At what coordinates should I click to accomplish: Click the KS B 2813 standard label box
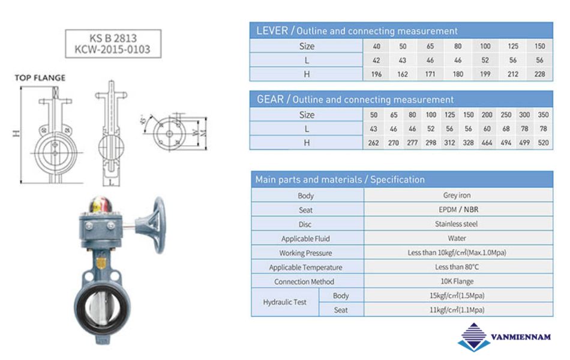[113, 44]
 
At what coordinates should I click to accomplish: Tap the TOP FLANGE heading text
[40, 78]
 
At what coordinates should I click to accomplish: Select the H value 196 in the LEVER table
[376, 74]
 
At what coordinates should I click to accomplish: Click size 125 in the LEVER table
[513, 46]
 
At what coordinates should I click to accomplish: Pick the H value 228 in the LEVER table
[539, 74]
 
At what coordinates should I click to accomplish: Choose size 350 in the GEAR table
[543, 115]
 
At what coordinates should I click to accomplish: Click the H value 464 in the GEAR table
[487, 143]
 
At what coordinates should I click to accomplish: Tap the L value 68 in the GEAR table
[506, 129]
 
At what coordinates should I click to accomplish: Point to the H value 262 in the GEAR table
[373, 143]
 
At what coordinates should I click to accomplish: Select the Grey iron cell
[457, 195]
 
